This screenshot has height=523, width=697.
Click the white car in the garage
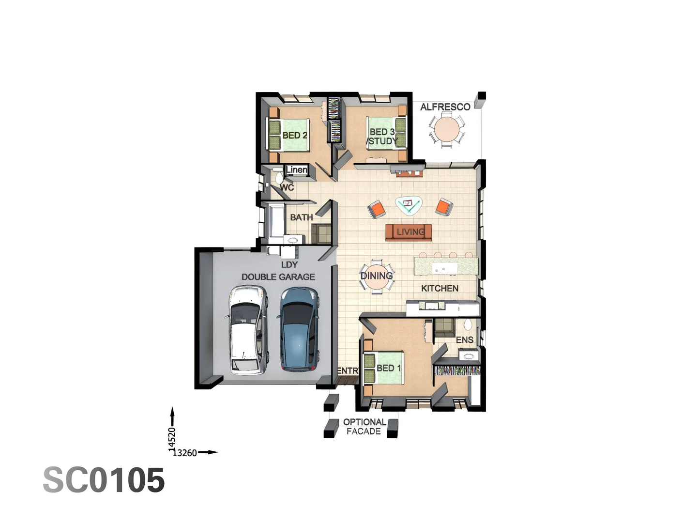247,330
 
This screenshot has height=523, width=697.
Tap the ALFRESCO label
445,107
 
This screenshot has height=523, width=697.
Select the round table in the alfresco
446,130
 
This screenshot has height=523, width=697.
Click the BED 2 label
294,136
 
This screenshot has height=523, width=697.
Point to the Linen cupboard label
296,170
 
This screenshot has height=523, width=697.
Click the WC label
287,187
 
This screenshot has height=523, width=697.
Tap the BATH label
301,217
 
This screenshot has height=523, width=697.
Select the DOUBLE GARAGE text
278,277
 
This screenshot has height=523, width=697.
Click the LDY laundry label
289,264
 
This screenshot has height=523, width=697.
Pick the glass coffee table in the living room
408,205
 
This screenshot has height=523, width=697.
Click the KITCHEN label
439,288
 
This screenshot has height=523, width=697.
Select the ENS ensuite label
464,340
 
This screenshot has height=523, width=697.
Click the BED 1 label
388,368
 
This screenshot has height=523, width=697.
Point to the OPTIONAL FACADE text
364,427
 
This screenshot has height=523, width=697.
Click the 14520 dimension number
172,439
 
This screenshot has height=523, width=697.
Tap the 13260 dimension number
185,453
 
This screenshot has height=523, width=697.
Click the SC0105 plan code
104,480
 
